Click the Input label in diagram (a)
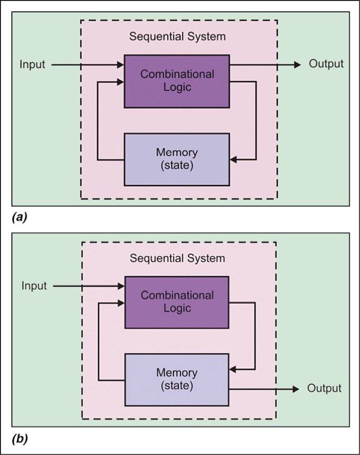pyautogui.click(x=33, y=65)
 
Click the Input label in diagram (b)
pyautogui.click(x=34, y=286)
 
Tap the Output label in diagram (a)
pyautogui.click(x=326, y=64)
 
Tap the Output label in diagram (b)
pyautogui.click(x=324, y=389)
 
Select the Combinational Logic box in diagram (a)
pyautogui.click(x=177, y=81)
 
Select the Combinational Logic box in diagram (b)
pyautogui.click(x=177, y=302)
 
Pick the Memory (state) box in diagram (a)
pyautogui.click(x=177, y=159)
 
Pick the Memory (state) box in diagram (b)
pyautogui.click(x=177, y=379)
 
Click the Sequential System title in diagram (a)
pyautogui.click(x=177, y=37)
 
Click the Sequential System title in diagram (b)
pyautogui.click(x=177, y=258)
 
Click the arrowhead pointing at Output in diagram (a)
pyautogui.click(x=297, y=65)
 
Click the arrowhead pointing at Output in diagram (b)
pyautogui.click(x=296, y=389)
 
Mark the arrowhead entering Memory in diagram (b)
pyautogui.click(x=233, y=369)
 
